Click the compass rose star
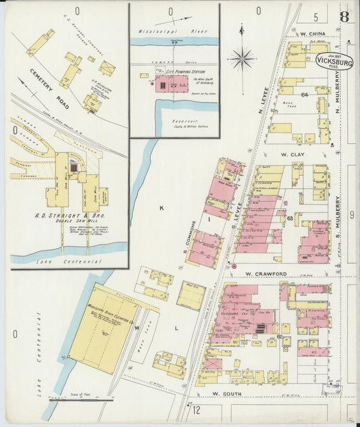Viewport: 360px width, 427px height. click(242, 59)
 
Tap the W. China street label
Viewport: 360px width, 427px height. click(313, 34)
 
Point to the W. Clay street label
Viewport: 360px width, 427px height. click(294, 155)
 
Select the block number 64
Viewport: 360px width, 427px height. click(305, 95)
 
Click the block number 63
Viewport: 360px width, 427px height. click(290, 218)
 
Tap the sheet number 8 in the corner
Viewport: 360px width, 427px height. click(344, 16)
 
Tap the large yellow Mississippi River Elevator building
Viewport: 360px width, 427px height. click(105, 327)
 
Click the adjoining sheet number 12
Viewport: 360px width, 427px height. click(197, 409)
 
